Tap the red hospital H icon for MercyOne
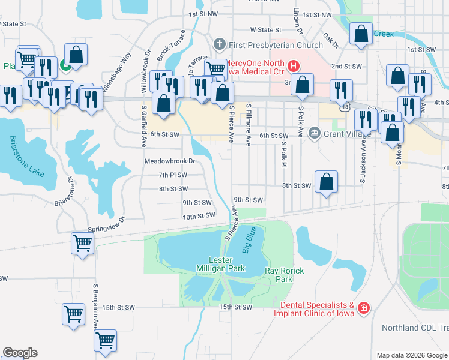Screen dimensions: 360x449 coord(294,65)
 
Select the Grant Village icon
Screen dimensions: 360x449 coord(314,133)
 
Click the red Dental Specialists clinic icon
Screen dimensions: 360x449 coord(363,308)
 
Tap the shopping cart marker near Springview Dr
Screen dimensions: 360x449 coord(83,244)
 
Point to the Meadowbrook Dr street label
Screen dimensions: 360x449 coord(170,161)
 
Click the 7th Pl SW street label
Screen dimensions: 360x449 coord(173,175)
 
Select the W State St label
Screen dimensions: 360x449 coord(265,29)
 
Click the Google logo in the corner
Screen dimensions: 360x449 coord(20,353)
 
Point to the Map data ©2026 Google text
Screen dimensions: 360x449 coord(411,355)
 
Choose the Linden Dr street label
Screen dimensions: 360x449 coord(297,19)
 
